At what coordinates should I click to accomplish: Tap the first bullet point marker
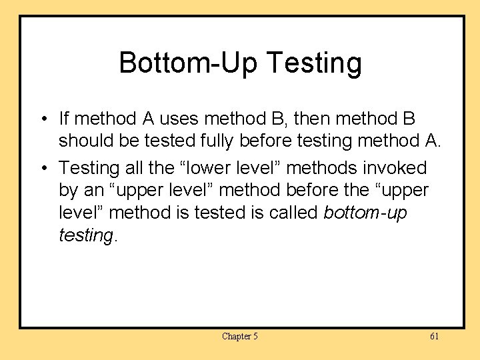[42, 119]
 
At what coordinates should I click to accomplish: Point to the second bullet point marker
[42, 167]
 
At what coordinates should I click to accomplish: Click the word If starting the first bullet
[64, 119]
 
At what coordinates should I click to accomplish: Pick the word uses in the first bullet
[179, 119]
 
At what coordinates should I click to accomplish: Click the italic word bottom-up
[365, 213]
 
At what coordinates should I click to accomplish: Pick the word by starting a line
[69, 191]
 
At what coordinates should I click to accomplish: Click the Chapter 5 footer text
[240, 336]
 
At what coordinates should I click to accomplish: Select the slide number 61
[434, 336]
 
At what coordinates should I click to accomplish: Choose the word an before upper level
[94, 191]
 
